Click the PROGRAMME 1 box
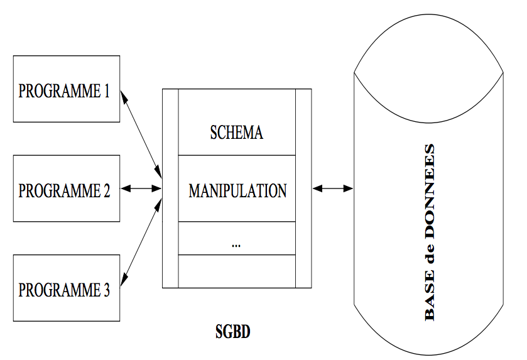point(66,89)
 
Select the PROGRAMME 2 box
point(66,188)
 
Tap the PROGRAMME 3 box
point(66,288)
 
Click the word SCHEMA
point(236,133)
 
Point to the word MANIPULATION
point(237,190)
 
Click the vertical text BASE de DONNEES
point(429,232)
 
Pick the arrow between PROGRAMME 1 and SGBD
point(141,131)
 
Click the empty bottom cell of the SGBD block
point(237,271)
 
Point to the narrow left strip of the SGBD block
point(170,188)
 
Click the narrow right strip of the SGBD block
point(303,188)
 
